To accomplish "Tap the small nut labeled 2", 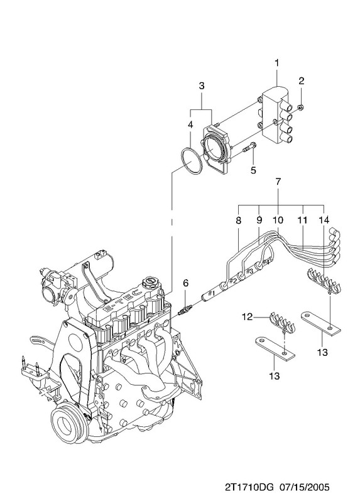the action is click(x=300, y=108).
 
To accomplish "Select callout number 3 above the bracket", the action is click(x=201, y=86).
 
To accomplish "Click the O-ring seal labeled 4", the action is click(x=192, y=162).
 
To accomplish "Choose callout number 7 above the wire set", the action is click(x=278, y=182).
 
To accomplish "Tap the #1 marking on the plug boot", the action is click(x=211, y=293).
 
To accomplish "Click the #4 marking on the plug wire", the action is click(x=266, y=262).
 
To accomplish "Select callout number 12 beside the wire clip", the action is click(x=248, y=318).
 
